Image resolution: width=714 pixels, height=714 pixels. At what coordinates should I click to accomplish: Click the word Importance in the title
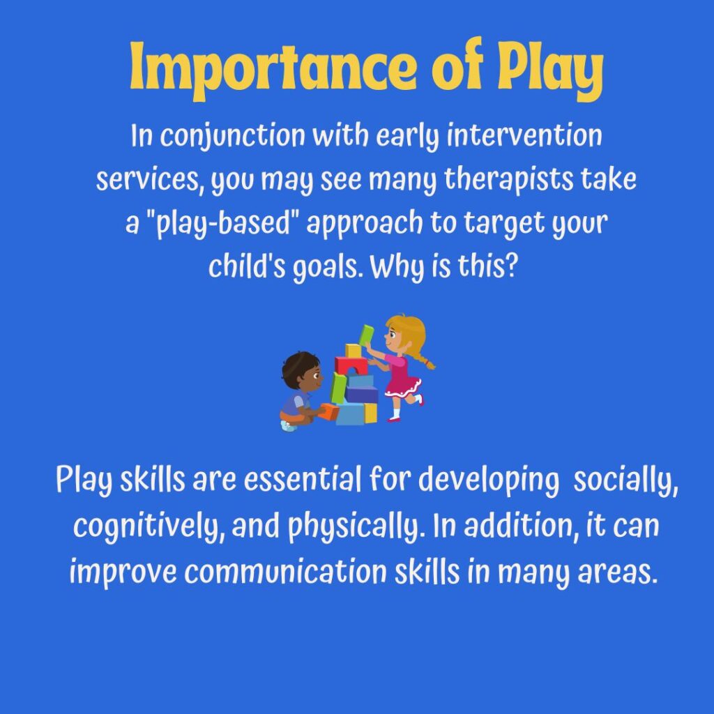273,68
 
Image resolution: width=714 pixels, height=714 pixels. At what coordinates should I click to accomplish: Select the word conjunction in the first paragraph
232,136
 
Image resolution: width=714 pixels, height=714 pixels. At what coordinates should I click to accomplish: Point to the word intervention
524,135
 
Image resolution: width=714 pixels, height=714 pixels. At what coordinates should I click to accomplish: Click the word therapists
508,179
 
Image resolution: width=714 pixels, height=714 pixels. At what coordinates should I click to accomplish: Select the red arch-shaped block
350,365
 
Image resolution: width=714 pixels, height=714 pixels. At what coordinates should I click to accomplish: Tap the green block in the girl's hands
367,335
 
